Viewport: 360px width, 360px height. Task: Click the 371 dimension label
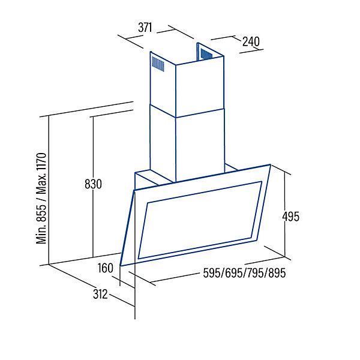145,28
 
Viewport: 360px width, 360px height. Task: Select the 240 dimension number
251,41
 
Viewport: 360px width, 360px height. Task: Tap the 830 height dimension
93,184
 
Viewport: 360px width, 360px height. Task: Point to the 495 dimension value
290,217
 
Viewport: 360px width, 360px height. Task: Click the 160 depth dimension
106,268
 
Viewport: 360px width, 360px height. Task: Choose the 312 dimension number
100,294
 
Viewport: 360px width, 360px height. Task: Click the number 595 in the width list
212,273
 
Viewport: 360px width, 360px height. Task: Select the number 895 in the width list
277,273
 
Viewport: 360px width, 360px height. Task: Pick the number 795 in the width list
256,273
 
